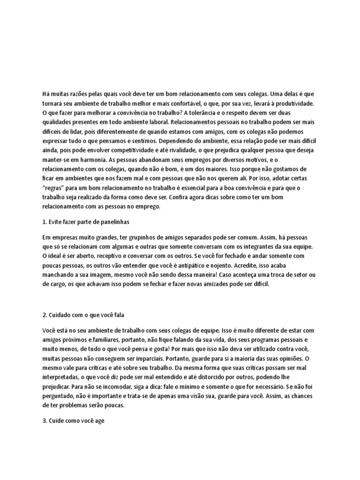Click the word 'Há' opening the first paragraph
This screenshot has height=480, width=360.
click(45, 93)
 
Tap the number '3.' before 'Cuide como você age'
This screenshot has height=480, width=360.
click(45, 421)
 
